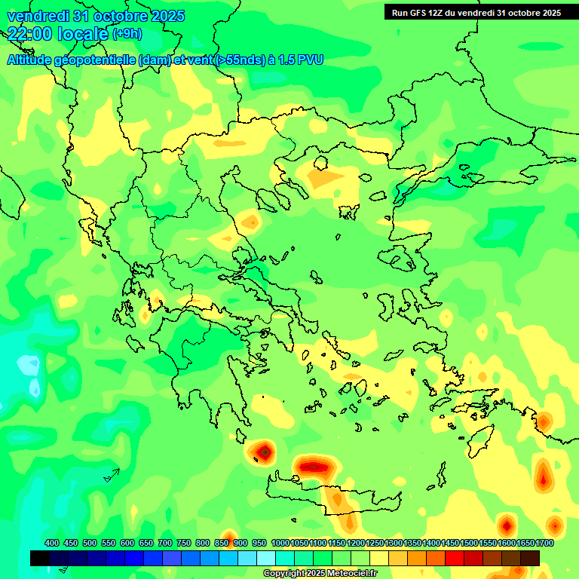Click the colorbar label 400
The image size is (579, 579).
[52, 543]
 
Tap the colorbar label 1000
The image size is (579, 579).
[280, 543]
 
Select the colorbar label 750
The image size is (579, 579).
[184, 543]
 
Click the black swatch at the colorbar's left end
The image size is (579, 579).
[40, 559]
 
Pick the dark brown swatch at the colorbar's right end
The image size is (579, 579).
[530, 559]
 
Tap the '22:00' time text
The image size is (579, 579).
[27, 33]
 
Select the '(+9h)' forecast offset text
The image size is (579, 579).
[127, 34]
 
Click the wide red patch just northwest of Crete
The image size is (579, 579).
[314, 466]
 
